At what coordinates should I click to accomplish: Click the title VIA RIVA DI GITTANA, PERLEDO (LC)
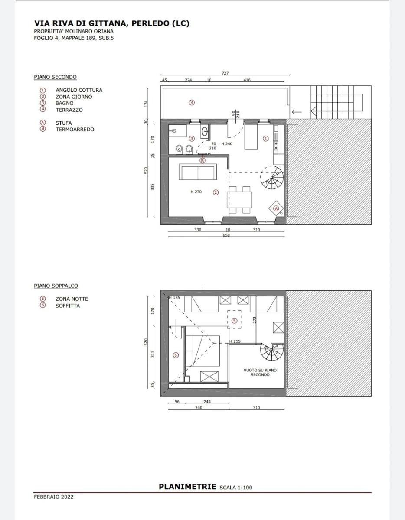pos(112,23)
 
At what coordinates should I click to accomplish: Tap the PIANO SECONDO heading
pos(56,77)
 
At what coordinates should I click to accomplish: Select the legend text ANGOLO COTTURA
pos(79,90)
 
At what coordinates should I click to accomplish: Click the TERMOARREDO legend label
pos(75,130)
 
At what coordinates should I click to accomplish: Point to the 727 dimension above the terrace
pos(225,73)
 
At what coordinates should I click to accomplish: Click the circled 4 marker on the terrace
pos(192,103)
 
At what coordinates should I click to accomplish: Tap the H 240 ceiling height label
pos(227,144)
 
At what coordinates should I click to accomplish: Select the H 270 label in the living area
pos(196,192)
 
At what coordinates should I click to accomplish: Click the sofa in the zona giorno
pos(198,172)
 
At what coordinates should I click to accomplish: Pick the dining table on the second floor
pos(240,200)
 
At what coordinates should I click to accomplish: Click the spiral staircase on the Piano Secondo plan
pos(272,178)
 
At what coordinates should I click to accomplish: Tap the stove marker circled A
pos(276,208)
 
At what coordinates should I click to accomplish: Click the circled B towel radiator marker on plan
pos(202,161)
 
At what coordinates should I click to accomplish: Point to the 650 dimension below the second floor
pos(226,235)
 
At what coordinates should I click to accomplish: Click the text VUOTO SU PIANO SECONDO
pos(260,372)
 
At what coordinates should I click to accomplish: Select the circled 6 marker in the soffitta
pos(176,355)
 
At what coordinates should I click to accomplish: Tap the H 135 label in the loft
pos(174,298)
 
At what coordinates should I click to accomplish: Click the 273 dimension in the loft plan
pos(255,320)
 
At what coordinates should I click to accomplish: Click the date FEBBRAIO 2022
pos(54,497)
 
